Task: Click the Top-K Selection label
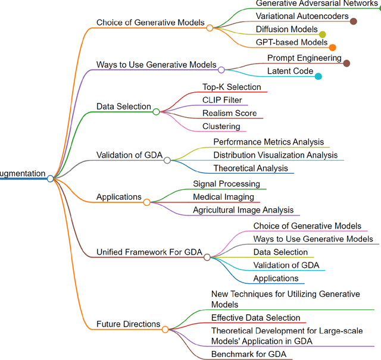click(x=232, y=87)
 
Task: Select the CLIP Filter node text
click(x=222, y=100)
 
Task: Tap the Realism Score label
click(x=229, y=113)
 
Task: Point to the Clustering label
click(x=221, y=126)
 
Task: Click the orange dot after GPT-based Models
click(x=332, y=48)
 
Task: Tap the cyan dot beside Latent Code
click(x=318, y=76)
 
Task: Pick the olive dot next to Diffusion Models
click(x=323, y=35)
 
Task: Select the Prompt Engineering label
click(x=304, y=58)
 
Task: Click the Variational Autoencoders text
click(x=302, y=16)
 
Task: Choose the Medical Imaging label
click(x=223, y=197)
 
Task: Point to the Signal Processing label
click(x=226, y=184)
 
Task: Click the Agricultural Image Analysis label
click(x=243, y=210)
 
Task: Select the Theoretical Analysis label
click(x=250, y=168)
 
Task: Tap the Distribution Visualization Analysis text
click(x=275, y=155)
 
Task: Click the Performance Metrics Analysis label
click(x=268, y=142)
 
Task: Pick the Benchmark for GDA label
click(x=248, y=355)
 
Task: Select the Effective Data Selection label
click(x=255, y=318)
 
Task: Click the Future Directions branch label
click(x=128, y=324)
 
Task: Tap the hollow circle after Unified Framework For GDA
click(x=207, y=257)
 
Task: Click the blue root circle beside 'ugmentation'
click(x=51, y=179)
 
